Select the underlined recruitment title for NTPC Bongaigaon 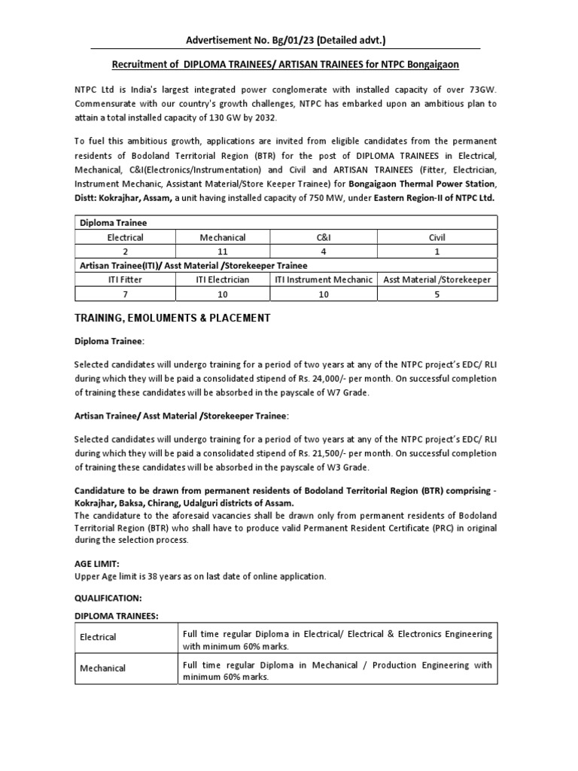click(x=286, y=66)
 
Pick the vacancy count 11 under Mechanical click(x=223, y=251)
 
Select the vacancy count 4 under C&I click(x=321, y=251)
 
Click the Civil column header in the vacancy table click(x=437, y=237)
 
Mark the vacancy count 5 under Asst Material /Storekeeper click(x=437, y=294)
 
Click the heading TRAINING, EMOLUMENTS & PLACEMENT click(x=172, y=318)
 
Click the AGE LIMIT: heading click(x=96, y=562)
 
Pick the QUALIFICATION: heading click(x=108, y=597)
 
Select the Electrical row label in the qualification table click(x=99, y=637)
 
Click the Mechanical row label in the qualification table click(x=103, y=669)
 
